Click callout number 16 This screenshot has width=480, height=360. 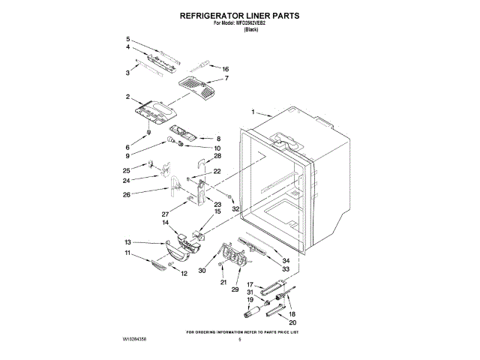click(225, 69)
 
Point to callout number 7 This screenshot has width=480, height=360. click(226, 79)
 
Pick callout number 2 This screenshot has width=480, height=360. click(128, 96)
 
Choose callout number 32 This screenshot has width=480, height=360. click(235, 208)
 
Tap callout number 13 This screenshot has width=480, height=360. click(127, 241)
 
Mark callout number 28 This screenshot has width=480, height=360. click(217, 156)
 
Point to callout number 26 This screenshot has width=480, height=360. click(127, 195)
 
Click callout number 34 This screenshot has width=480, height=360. click(286, 260)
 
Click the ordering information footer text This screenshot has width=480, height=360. click(243, 331)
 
